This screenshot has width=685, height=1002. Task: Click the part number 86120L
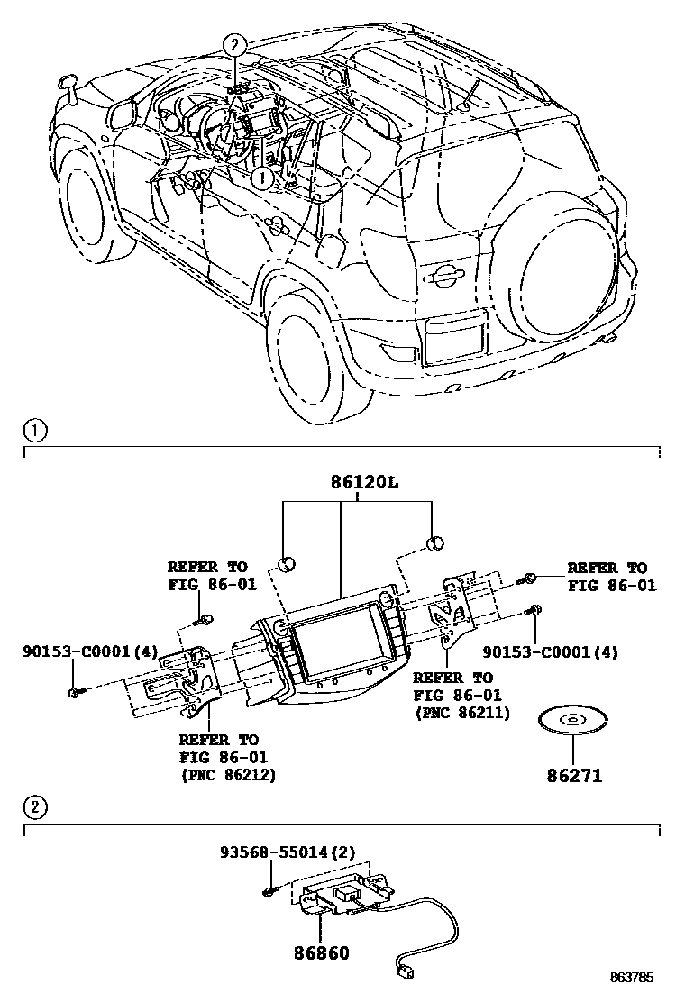coord(358,483)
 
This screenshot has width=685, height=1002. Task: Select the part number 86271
coord(573,774)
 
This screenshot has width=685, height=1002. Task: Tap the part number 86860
coord(319,952)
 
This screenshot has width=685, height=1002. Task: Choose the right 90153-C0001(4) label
coord(551,651)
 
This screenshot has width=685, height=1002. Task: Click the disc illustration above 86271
coord(573,721)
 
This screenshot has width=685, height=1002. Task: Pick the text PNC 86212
coord(228,773)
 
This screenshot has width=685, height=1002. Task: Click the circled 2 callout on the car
coord(233,44)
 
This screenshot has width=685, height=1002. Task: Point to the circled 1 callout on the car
coord(262,178)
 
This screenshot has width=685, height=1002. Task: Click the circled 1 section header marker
coord(32,431)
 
